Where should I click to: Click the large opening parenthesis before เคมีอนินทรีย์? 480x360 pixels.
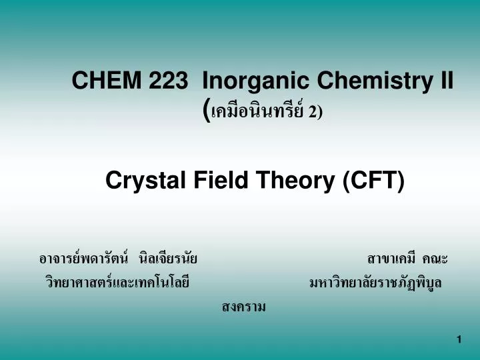click(x=205, y=111)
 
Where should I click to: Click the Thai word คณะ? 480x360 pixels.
click(x=436, y=259)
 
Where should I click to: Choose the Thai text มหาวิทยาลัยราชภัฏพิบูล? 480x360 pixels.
click(x=375, y=283)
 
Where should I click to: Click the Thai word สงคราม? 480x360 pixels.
click(x=243, y=307)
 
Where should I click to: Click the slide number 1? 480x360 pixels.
click(x=459, y=340)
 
